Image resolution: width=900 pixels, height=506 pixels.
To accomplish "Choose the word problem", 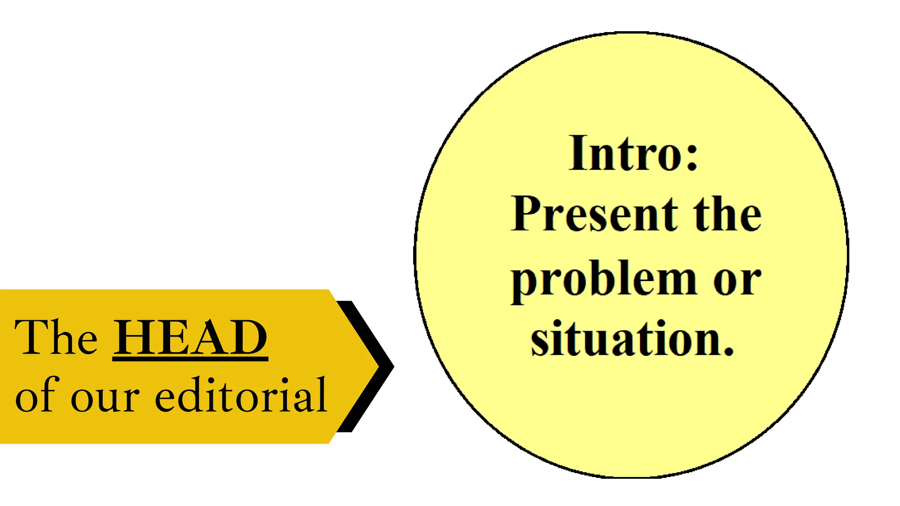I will [x=603, y=281].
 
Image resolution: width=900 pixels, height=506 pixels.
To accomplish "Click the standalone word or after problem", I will [x=737, y=281].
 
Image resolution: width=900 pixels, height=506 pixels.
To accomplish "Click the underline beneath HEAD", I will [x=190, y=359].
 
